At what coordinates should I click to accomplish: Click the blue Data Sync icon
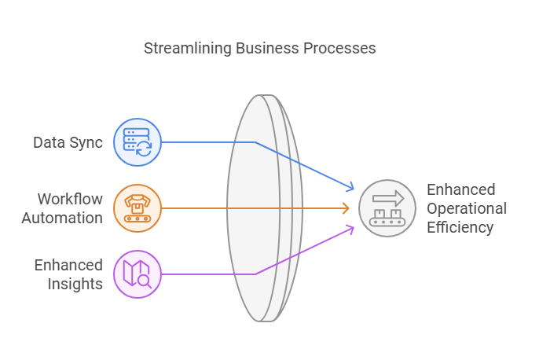[137, 142]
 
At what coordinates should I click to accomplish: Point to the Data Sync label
[68, 142]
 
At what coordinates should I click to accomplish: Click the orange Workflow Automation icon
[137, 208]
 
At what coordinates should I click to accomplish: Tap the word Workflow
[70, 199]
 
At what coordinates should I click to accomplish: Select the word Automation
[62, 218]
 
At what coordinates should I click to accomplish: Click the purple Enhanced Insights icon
[137, 274]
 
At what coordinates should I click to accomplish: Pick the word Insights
[75, 284]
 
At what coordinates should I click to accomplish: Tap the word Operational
[467, 208]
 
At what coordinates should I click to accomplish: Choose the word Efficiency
[460, 227]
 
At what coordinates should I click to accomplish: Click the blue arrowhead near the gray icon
[351, 189]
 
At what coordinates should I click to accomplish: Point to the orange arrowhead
[346, 208]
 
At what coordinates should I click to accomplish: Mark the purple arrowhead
[351, 228]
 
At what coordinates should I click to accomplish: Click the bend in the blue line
[255, 142]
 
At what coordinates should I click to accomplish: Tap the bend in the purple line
[255, 274]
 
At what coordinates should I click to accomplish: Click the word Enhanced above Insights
[68, 265]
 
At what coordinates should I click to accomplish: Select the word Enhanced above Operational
[461, 189]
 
